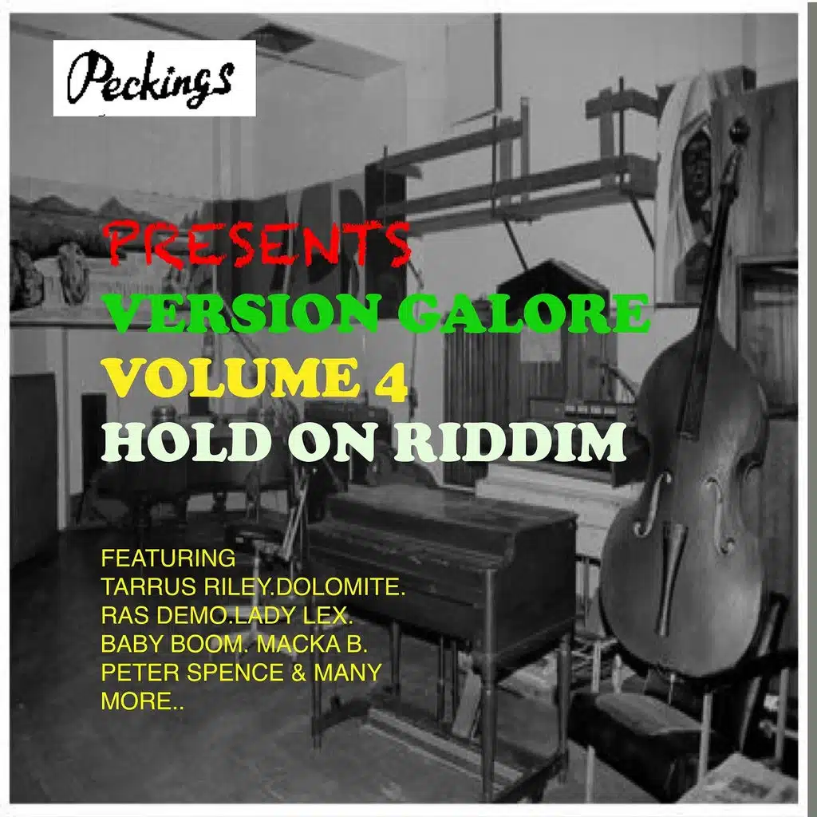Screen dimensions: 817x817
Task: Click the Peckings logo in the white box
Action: tap(154, 78)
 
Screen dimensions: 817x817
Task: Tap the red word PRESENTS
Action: tap(257, 243)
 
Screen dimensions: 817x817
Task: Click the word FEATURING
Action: tap(168, 556)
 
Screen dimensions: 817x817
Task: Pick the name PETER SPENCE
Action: tap(192, 672)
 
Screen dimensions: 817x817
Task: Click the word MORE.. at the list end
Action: tap(142, 701)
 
